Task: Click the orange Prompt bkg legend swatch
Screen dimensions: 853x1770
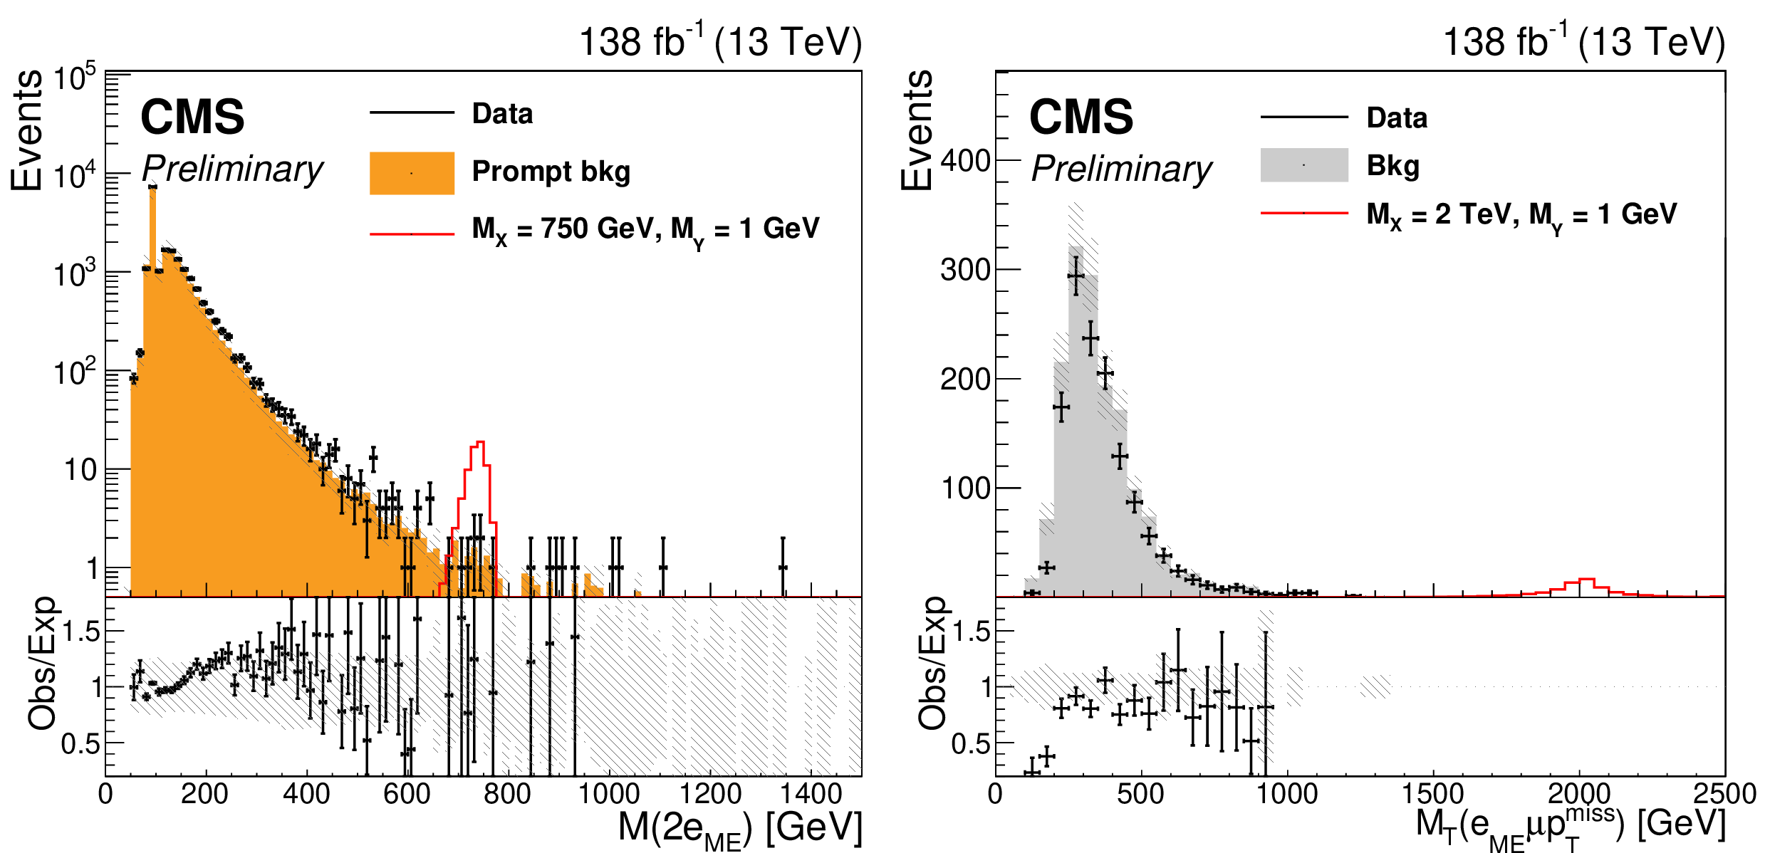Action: pos(412,173)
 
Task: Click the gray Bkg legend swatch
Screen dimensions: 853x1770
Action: pos(1303,165)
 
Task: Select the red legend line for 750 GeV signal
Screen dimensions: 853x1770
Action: pos(412,234)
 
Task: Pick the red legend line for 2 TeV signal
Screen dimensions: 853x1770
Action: pos(1303,213)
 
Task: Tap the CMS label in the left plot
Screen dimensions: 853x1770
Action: pos(192,117)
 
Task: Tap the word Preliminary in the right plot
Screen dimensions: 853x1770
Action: pos(1121,169)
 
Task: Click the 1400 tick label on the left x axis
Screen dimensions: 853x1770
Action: pos(811,793)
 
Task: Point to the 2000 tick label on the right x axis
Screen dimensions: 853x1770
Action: pos(1579,793)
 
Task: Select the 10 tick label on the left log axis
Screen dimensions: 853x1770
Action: pos(80,470)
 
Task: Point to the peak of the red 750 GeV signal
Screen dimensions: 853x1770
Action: pos(479,442)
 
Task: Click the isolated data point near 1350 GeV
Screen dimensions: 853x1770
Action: pos(783,567)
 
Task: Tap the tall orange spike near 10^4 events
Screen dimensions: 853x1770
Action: pos(152,214)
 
